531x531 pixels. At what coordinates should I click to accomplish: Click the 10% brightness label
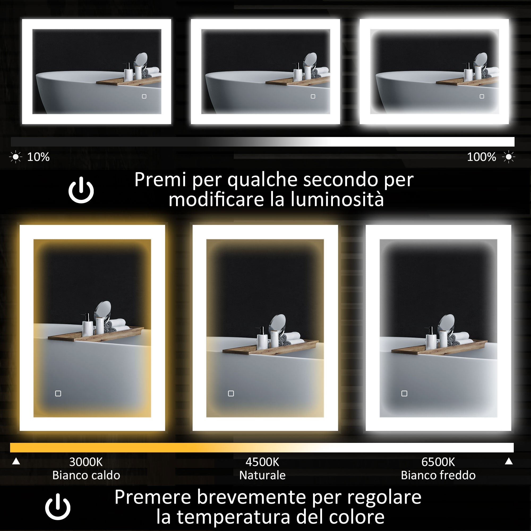pyautogui.click(x=38, y=157)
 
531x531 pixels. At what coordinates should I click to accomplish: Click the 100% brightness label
pyautogui.click(x=481, y=157)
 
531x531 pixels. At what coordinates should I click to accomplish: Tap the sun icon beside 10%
pyautogui.click(x=16, y=157)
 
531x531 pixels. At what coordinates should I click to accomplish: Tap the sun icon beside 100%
pyautogui.click(x=508, y=157)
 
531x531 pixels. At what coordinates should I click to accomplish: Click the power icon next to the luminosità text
pyautogui.click(x=81, y=190)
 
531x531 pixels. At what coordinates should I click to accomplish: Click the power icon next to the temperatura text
pyautogui.click(x=58, y=507)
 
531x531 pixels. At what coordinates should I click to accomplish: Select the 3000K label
pyautogui.click(x=86, y=462)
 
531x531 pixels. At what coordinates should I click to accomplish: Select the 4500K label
pyautogui.click(x=262, y=462)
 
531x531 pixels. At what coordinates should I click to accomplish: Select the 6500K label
pyautogui.click(x=438, y=462)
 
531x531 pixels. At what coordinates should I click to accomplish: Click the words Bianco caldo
pyautogui.click(x=86, y=475)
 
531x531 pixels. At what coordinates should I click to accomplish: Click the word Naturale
pyautogui.click(x=262, y=475)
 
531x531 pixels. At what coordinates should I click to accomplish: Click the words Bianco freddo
pyautogui.click(x=438, y=475)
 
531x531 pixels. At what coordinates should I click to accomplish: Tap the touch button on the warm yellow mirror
pyautogui.click(x=58, y=393)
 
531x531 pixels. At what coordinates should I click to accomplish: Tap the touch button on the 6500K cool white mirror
pyautogui.click(x=404, y=393)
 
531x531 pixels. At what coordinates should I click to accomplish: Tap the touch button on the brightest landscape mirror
pyautogui.click(x=482, y=96)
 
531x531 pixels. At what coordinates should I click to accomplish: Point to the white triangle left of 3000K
pyautogui.click(x=16, y=461)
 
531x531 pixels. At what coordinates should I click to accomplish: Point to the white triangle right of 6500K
pyautogui.click(x=509, y=461)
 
